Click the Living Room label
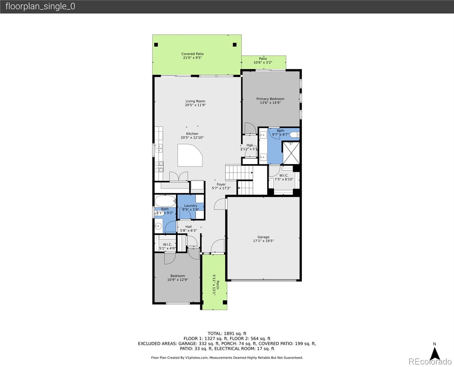pyautogui.click(x=195, y=101)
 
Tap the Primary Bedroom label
pyautogui.click(x=270, y=99)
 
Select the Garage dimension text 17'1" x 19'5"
pyautogui.click(x=263, y=241)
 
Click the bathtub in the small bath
pyautogui.click(x=165, y=201)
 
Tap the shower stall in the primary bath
pyautogui.click(x=291, y=152)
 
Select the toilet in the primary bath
pyautogui.click(x=294, y=135)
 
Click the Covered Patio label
pyautogui.click(x=192, y=54)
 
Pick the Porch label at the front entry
pyautogui.click(x=218, y=285)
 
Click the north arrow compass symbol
pyautogui.click(x=434, y=353)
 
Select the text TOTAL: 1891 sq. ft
pyautogui.click(x=227, y=334)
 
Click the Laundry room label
pyautogui.click(x=191, y=206)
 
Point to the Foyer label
pyautogui.click(x=221, y=184)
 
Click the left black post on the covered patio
pyautogui.click(x=156, y=45)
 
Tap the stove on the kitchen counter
pyautogui.click(x=159, y=166)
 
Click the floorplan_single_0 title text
pyautogui.click(x=40, y=6)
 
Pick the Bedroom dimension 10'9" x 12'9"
pyautogui.click(x=177, y=280)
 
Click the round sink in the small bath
pyautogui.click(x=158, y=226)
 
